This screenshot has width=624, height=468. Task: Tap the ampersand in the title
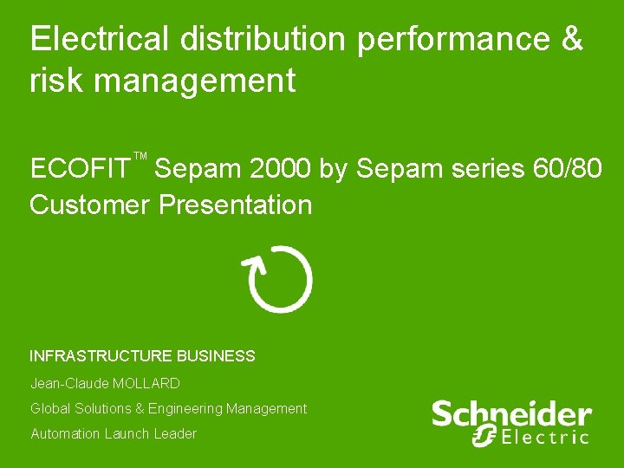point(572,39)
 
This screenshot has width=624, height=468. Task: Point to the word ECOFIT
point(80,167)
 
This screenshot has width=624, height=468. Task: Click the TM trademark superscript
point(140,157)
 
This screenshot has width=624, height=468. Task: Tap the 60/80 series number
point(568,167)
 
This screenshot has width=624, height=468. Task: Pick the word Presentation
point(235,205)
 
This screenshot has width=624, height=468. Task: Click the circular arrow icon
point(280,279)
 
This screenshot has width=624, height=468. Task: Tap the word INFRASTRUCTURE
point(101,356)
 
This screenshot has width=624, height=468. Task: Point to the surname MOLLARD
point(146,383)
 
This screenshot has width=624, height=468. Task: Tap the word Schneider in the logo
point(511,413)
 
